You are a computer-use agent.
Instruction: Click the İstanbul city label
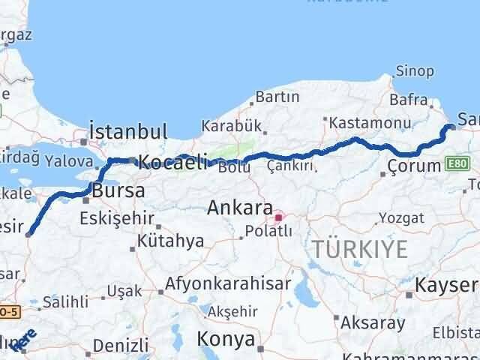pos(127,132)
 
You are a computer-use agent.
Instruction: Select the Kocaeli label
pos(172,160)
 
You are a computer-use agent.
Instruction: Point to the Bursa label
pos(118,190)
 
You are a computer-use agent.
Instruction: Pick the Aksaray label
pos(372,323)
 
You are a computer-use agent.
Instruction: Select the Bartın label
pos(277,97)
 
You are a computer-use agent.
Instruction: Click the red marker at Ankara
pos(278,218)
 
